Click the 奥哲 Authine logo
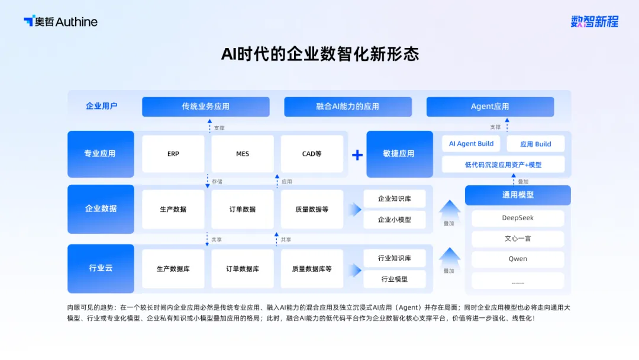click(x=60, y=22)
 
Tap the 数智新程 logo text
click(x=594, y=22)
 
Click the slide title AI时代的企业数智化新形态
click(x=319, y=54)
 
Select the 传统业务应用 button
click(x=205, y=107)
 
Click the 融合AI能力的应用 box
click(x=347, y=107)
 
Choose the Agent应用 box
click(x=490, y=107)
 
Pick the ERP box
click(x=173, y=154)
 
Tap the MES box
click(x=242, y=154)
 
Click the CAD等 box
click(x=312, y=154)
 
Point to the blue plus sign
click(x=357, y=155)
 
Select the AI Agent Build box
click(x=471, y=144)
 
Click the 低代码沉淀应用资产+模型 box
click(x=503, y=165)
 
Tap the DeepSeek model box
click(x=518, y=218)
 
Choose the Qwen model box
click(x=518, y=259)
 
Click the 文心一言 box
click(x=518, y=239)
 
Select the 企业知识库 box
click(x=394, y=199)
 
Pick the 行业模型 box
click(x=394, y=279)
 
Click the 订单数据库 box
click(x=242, y=269)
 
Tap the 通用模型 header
click(x=518, y=195)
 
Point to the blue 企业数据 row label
click(x=101, y=208)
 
